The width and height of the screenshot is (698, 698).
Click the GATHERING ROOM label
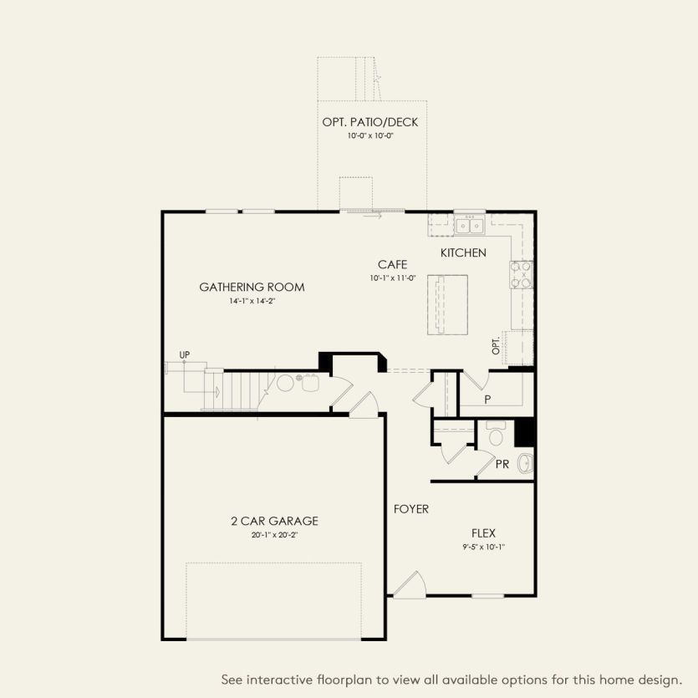tap(252, 288)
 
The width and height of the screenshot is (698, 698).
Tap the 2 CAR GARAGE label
tap(274, 521)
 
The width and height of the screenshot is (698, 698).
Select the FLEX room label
tap(483, 532)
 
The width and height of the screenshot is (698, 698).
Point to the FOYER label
tap(411, 509)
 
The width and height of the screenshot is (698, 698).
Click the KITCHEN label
tap(463, 252)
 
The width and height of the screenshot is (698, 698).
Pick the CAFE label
tap(392, 265)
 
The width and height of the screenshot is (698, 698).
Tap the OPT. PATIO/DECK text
tap(370, 123)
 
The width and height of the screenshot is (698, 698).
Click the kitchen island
tap(447, 304)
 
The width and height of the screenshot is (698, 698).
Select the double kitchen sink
tap(469, 225)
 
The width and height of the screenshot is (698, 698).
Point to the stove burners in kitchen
tap(522, 274)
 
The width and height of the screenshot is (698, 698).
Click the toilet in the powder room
tap(495, 435)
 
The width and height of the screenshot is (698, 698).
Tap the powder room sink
tap(526, 462)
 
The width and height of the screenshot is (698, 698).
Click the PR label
tap(502, 464)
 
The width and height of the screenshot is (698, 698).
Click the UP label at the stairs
tap(185, 355)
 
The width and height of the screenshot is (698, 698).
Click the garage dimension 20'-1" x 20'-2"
tap(274, 534)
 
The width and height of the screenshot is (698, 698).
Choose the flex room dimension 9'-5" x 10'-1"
tap(483, 547)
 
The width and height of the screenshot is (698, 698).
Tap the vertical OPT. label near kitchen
tap(496, 346)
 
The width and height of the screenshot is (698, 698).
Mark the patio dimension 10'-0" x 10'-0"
tap(370, 135)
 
